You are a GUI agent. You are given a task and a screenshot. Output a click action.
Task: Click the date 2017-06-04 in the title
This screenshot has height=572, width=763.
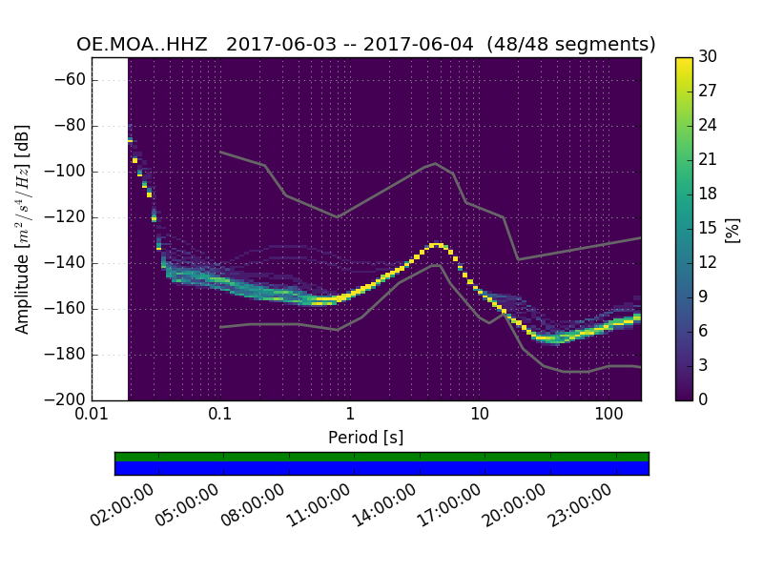422,45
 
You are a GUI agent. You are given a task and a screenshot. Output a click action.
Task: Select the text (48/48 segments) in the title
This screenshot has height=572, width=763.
570,45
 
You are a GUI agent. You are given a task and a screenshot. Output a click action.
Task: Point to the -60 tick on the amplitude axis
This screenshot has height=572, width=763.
73,80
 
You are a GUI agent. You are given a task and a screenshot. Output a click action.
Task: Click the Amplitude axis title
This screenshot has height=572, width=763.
23,229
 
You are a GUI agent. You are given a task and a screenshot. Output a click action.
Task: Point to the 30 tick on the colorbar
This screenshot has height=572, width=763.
707,57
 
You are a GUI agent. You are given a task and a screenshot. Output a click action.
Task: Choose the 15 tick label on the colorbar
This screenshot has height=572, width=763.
707,229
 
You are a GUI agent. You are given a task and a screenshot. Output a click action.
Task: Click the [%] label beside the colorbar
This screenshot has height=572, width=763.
732,229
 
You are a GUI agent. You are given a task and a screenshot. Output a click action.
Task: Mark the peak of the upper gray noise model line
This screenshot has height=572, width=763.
436,163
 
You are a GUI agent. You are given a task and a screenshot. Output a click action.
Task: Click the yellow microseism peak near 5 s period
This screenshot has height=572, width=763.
436,245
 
